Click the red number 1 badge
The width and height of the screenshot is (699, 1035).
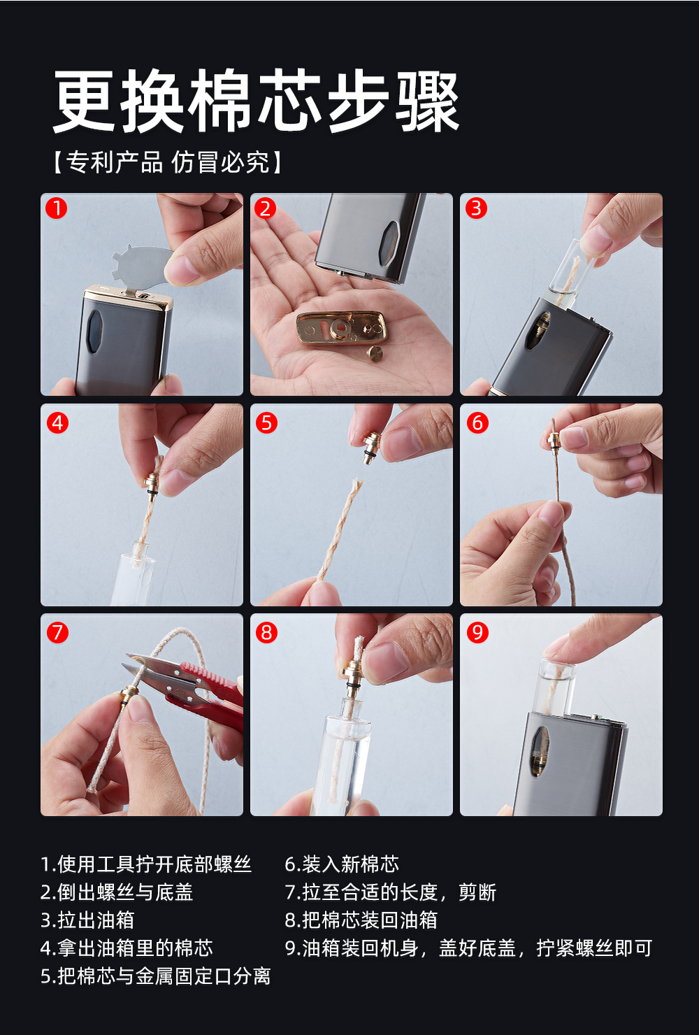coord(57,208)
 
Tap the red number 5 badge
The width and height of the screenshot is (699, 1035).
coord(266,423)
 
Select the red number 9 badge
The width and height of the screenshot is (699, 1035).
coord(477,633)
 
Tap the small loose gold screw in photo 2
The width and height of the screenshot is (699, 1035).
coord(374,353)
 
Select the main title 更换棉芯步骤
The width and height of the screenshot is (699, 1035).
coord(257,101)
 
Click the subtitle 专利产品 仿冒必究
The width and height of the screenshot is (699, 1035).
coord(167,162)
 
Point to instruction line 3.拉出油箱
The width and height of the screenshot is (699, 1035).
coord(87,920)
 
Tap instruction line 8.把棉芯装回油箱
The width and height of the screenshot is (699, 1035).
coord(361,920)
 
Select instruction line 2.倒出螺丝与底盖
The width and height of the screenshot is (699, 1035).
coord(117,892)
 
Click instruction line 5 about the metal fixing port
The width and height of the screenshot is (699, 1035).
coord(156,976)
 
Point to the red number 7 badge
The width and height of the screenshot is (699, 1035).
coord(58,633)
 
